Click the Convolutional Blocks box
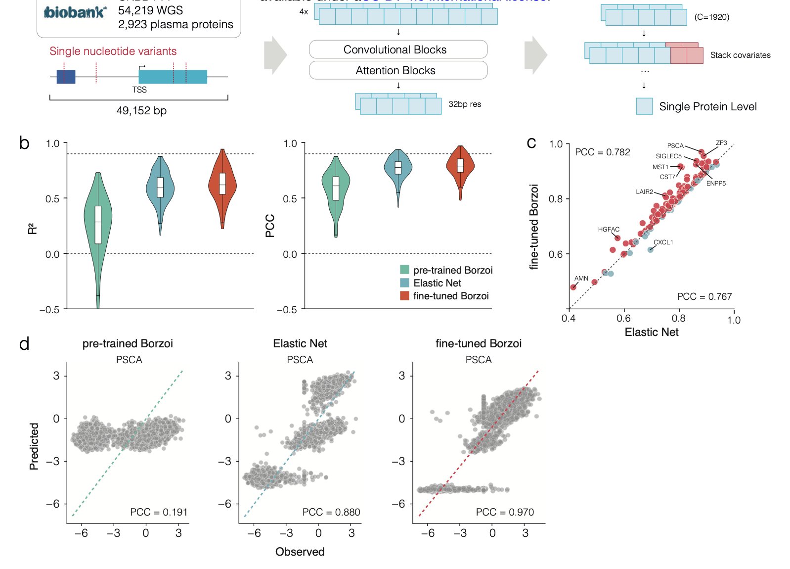(398, 49)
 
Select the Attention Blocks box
(398, 70)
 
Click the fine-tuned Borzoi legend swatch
(404, 296)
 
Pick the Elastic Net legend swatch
(404, 283)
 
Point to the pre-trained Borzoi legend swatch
(404, 270)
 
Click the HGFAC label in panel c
(609, 230)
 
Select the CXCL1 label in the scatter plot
(663, 242)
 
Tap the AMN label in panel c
(581, 279)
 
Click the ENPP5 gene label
(716, 184)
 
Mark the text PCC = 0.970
(505, 512)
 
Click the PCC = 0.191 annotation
(159, 512)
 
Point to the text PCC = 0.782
(602, 152)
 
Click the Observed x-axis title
(300, 552)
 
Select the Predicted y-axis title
(34, 446)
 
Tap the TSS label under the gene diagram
(139, 90)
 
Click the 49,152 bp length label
(141, 110)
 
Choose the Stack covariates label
(740, 55)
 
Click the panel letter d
(24, 343)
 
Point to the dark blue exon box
(66, 77)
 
